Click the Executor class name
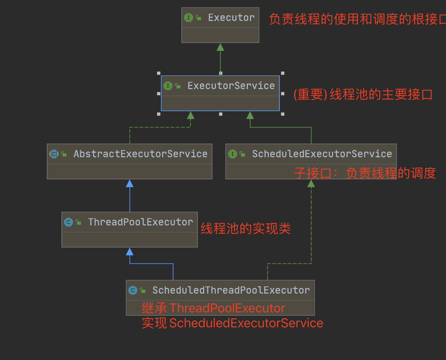coord(231,18)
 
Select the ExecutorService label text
coord(231,86)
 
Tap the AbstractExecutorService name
coord(140,154)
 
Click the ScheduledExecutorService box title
coord(322,154)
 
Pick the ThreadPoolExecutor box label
coord(140,222)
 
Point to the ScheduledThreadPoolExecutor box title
coord(231,290)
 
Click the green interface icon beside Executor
coord(189,18)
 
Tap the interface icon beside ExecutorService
coord(168,86)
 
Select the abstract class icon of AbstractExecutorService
coord(54,154)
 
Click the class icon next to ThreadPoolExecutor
coord(69,222)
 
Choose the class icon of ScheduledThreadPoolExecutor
coord(133,290)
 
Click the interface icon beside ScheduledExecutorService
coord(233,154)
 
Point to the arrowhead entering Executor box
coord(221,47)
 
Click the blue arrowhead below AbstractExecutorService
coord(130,184)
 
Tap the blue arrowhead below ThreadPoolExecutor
coord(130,252)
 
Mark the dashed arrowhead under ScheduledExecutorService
coord(311,184)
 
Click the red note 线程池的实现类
coord(246,229)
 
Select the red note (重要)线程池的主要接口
coord(363,95)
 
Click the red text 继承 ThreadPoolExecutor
coord(213,308)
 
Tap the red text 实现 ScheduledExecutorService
coord(232,323)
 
